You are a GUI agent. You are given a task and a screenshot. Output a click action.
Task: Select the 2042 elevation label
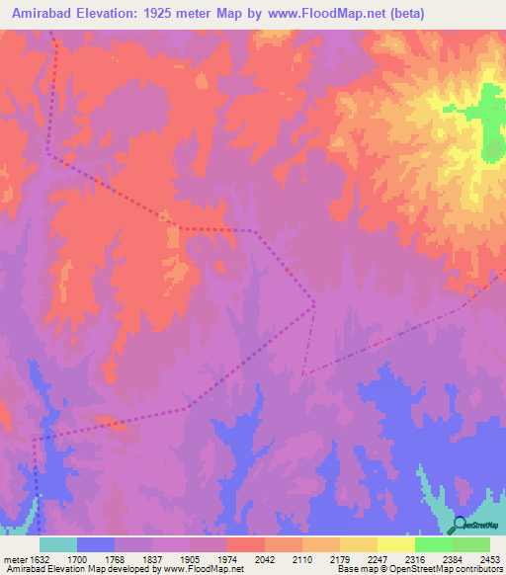click(x=263, y=559)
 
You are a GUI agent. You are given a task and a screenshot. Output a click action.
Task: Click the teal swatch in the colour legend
click(x=58, y=544)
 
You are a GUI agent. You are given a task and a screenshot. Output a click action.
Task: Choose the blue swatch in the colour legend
click(x=96, y=544)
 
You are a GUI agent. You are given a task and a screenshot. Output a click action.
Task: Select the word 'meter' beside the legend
click(x=14, y=559)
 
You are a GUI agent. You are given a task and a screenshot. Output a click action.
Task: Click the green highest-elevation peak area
click(x=491, y=123)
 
